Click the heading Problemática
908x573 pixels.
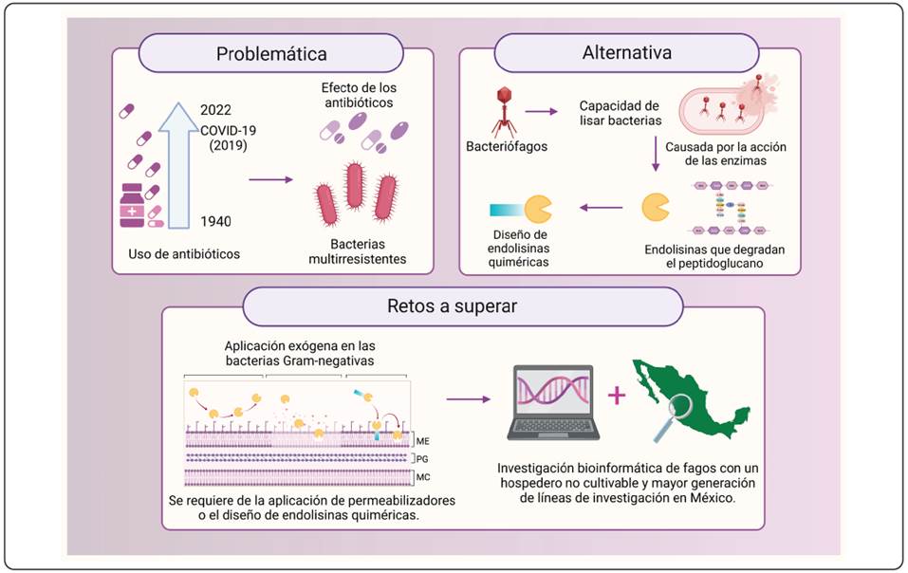[x=270, y=53]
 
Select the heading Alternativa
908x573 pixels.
[x=626, y=53]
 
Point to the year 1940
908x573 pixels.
[x=217, y=222]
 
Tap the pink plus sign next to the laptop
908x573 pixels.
[x=618, y=396]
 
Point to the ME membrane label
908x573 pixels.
[x=423, y=440]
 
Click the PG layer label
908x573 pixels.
[x=423, y=457]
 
